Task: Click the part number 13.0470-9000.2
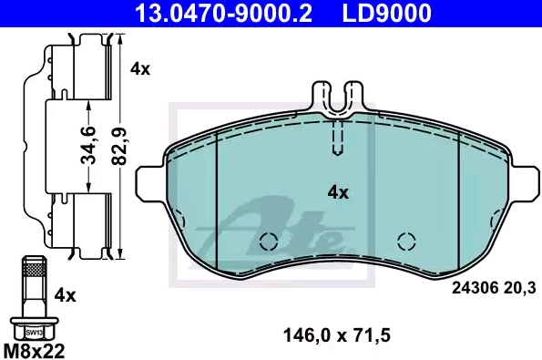(224, 13)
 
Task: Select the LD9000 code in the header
(387, 13)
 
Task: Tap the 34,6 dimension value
(88, 145)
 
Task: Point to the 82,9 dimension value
(119, 146)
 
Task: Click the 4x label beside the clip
(140, 69)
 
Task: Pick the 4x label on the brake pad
(338, 192)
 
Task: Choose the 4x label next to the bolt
(65, 296)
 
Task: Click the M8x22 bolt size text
(34, 351)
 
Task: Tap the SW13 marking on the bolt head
(34, 333)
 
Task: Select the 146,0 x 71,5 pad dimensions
(337, 335)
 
